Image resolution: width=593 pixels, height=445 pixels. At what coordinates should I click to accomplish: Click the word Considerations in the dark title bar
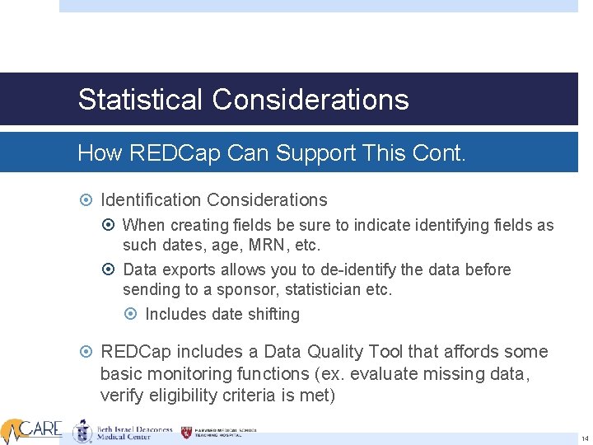311,100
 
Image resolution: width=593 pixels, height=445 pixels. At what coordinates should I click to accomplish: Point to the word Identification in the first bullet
152,200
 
